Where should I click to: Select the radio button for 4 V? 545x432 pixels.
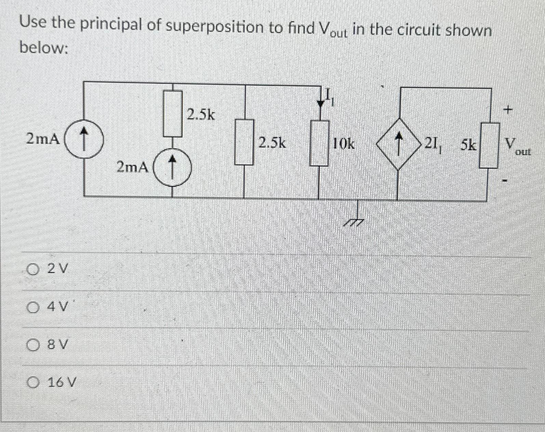point(34,308)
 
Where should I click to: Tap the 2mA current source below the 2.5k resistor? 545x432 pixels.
point(172,167)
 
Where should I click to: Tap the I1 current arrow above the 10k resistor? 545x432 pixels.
point(321,100)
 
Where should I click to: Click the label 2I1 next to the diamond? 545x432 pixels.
point(434,145)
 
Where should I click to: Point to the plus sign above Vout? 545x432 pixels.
point(509,110)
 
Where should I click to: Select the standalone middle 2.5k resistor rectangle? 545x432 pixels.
point(244,141)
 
